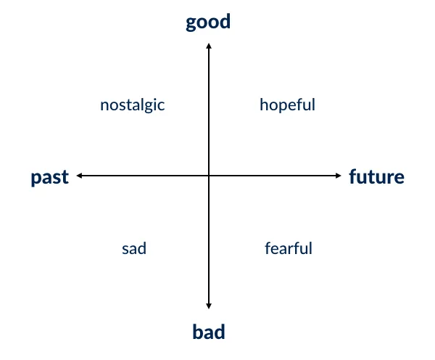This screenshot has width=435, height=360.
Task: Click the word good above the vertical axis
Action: (208, 22)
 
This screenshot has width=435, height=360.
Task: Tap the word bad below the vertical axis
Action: (209, 332)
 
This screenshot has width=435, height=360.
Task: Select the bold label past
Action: (50, 177)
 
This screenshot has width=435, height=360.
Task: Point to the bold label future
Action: (376, 176)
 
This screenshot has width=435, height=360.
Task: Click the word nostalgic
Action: (133, 105)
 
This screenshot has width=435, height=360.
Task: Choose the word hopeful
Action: (287, 105)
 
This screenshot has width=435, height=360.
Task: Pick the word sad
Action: (134, 248)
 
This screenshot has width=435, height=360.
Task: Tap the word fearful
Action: (289, 248)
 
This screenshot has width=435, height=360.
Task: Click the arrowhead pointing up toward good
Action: (209, 46)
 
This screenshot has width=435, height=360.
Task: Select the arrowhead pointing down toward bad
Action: (209, 306)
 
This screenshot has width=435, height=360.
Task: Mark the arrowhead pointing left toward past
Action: (79, 176)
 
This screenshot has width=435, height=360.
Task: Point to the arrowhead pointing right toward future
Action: (338, 176)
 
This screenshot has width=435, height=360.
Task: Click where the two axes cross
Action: (209, 176)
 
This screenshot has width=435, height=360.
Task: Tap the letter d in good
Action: (225, 21)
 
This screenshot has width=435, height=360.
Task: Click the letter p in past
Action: (36, 179)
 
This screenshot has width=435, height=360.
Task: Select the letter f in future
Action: (353, 176)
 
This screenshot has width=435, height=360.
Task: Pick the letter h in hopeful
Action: (265, 105)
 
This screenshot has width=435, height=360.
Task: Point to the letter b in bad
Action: (198, 332)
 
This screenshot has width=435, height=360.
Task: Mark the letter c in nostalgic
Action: (161, 106)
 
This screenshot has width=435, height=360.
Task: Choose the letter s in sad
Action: (125, 249)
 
